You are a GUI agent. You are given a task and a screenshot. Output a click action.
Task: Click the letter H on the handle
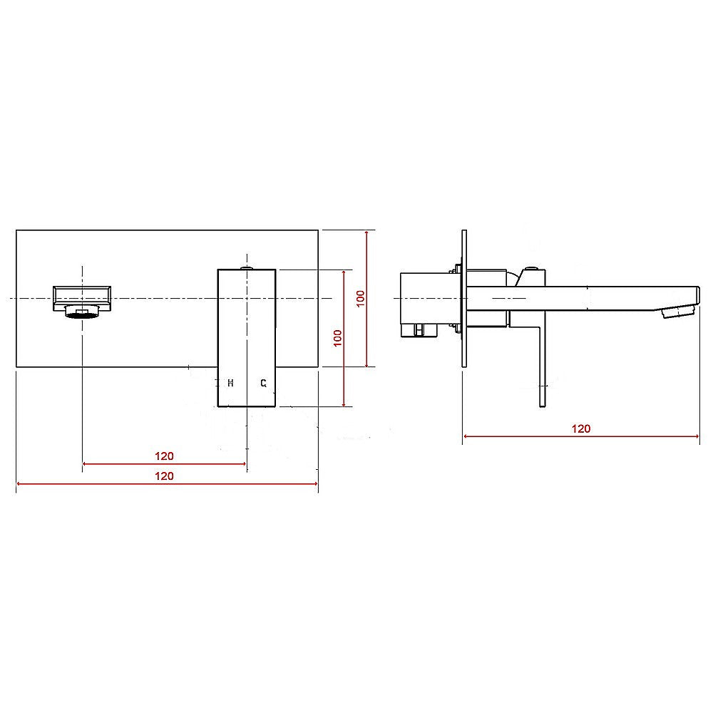[x=230, y=384]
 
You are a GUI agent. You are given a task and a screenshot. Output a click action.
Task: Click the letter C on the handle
[x=263, y=384]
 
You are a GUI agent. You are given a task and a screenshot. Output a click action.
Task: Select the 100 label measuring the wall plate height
[x=361, y=298]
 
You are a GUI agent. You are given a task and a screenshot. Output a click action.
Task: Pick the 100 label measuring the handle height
[x=338, y=338]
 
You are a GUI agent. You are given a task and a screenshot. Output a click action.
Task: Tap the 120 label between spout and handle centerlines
[x=165, y=456]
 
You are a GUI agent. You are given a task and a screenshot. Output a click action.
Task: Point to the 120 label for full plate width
[x=165, y=476]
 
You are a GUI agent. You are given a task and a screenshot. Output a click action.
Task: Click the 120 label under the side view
[x=581, y=429]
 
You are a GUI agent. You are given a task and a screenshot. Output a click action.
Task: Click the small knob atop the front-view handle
[x=246, y=268]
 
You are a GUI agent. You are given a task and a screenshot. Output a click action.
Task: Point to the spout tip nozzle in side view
[x=678, y=312]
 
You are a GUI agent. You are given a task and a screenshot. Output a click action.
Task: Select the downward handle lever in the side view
[x=541, y=371]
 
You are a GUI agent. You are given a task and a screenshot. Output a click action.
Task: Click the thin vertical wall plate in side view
[x=464, y=299]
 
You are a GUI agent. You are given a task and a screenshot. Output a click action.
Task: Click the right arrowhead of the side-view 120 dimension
[x=697, y=436]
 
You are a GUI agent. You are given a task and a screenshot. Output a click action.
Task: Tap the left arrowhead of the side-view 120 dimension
[x=466, y=436]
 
